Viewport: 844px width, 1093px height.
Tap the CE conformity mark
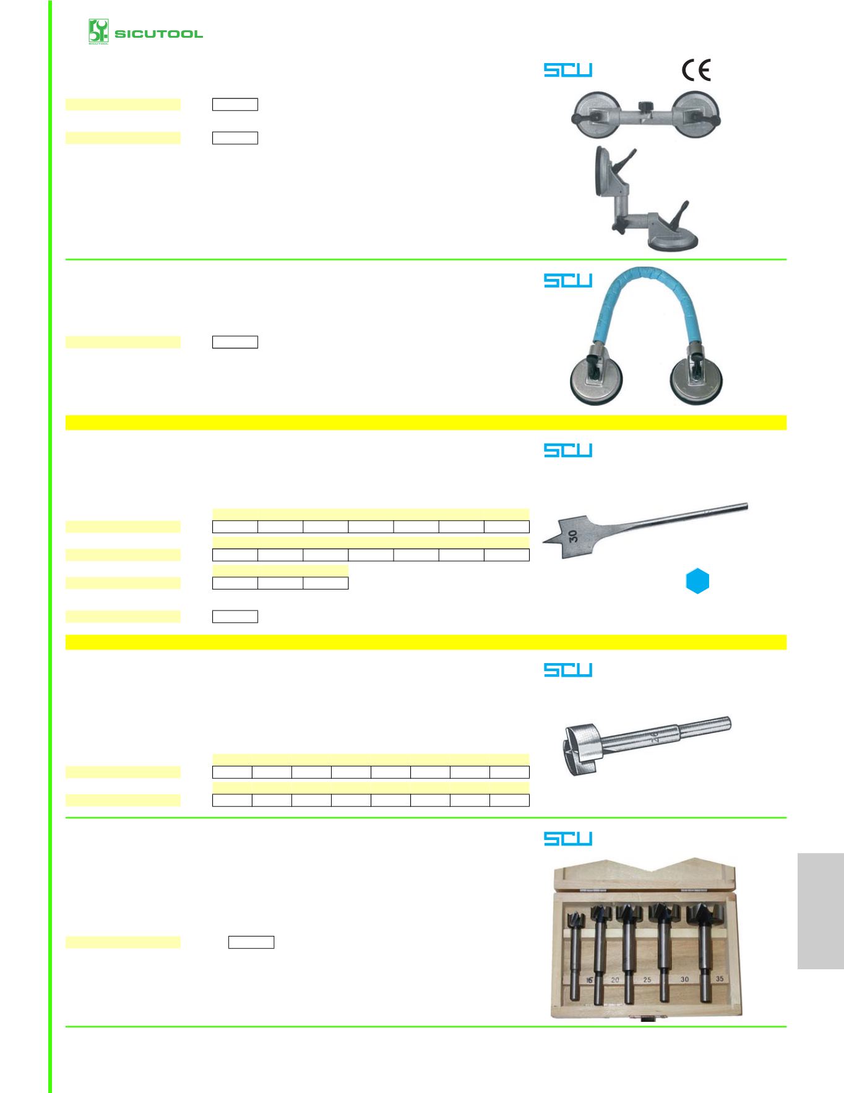click(696, 70)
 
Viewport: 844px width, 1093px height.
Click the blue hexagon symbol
click(697, 581)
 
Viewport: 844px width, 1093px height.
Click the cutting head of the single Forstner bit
click(580, 750)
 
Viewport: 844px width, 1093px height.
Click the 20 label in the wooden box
click(615, 980)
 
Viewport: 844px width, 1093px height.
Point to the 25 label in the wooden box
click(647, 980)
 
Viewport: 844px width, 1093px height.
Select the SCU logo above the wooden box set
click(568, 838)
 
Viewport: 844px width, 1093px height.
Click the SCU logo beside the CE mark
click(568, 70)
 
